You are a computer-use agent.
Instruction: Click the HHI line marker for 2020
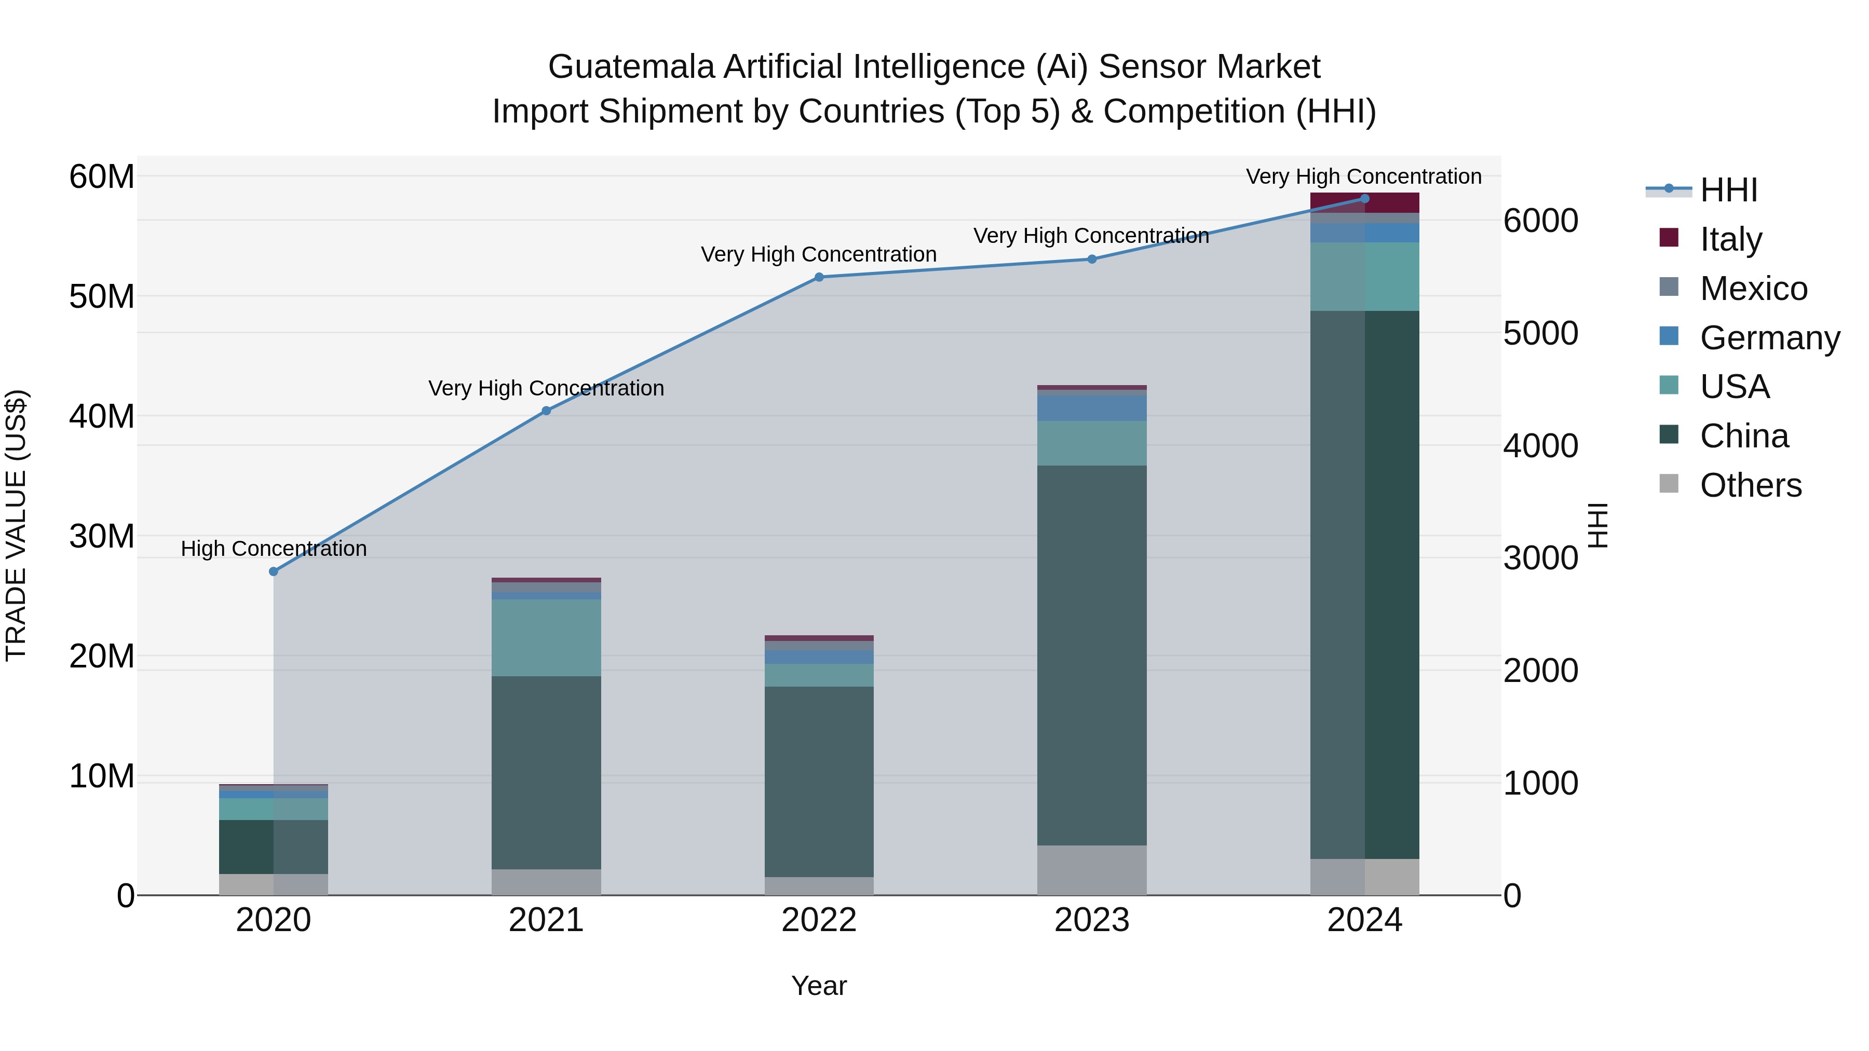(x=274, y=571)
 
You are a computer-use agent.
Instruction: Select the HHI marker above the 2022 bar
(x=819, y=277)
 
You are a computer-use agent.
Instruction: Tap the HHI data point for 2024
(x=1365, y=199)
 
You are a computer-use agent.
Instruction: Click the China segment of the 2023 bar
(x=1092, y=653)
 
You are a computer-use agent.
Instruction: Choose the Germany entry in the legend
(x=1769, y=338)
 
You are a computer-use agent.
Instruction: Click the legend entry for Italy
(x=1730, y=239)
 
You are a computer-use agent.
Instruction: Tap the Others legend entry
(x=1750, y=485)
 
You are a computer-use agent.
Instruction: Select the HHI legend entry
(x=1728, y=190)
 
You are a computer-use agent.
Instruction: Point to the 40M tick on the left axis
(x=102, y=416)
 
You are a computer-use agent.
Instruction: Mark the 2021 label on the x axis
(x=546, y=920)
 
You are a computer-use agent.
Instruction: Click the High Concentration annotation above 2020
(x=274, y=549)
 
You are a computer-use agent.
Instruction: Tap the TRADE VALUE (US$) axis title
(x=16, y=525)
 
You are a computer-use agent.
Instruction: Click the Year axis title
(x=819, y=986)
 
